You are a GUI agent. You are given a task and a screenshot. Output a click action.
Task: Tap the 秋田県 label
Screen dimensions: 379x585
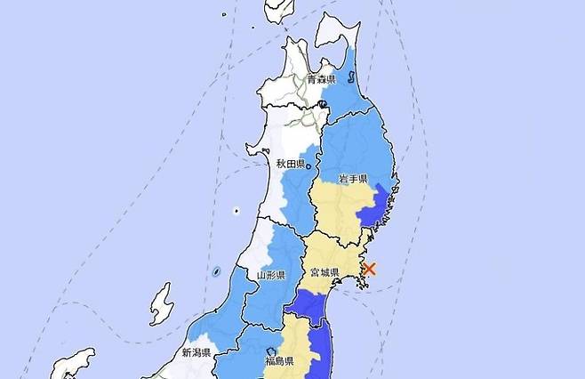point(290,164)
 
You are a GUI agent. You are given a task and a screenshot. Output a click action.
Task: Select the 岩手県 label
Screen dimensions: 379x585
point(354,179)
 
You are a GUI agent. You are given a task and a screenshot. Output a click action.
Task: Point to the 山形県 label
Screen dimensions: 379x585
point(269,276)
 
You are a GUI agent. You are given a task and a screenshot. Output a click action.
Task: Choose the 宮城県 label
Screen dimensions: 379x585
point(323,270)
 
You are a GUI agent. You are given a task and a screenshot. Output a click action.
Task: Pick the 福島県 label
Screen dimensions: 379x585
point(280,362)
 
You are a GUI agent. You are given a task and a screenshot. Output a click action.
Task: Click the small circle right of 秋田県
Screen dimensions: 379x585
point(309,163)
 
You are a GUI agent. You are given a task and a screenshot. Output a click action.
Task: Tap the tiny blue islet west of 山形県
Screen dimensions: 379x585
point(218,270)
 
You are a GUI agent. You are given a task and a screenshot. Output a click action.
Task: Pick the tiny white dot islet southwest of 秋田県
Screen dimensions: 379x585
point(237,211)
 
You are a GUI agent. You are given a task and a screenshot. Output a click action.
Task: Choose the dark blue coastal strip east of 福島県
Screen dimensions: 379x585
point(324,351)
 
